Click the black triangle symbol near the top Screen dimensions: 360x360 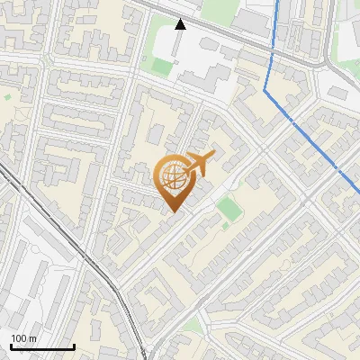(x=180, y=24)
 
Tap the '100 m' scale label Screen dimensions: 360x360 (x=23, y=338)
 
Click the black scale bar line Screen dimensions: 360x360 (x=41, y=347)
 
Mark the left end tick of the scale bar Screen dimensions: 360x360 (x=10, y=346)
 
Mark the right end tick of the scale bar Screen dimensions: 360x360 (x=74, y=346)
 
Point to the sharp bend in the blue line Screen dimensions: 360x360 (x=265, y=90)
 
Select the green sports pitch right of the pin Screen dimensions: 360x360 (x=229, y=208)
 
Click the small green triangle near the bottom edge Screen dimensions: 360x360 (x=193, y=324)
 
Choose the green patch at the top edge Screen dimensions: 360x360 (x=216, y=9)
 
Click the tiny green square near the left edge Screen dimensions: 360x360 (x=7, y=95)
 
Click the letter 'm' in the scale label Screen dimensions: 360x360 (x=31, y=338)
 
